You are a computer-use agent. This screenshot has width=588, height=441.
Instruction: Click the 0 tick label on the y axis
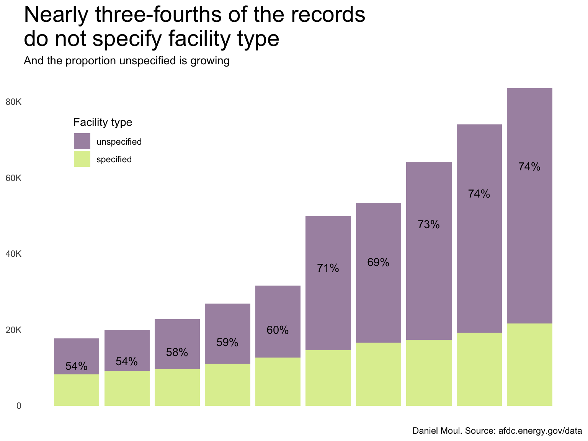[19, 406]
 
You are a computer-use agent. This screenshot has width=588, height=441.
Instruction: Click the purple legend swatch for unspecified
[82, 141]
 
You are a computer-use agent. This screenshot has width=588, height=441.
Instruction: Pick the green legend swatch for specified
[82, 159]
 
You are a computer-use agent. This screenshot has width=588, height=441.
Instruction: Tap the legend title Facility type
[103, 122]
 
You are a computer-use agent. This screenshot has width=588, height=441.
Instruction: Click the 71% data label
[328, 268]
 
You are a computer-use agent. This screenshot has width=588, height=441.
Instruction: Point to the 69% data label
[378, 263]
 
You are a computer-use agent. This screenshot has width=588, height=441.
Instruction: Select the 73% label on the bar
[429, 225]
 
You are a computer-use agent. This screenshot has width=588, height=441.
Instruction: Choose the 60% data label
[278, 330]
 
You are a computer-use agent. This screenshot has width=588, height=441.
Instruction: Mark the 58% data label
[177, 353]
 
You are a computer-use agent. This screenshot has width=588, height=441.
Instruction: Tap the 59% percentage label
[227, 343]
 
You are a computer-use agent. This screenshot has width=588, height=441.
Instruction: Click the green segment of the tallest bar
[529, 364]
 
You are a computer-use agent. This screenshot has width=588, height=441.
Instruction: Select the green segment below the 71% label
[328, 378]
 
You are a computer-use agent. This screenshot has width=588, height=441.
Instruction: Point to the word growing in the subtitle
[209, 61]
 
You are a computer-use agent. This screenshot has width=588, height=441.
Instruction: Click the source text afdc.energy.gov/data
[540, 431]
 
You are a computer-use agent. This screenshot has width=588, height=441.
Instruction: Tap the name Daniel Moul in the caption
[437, 431]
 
